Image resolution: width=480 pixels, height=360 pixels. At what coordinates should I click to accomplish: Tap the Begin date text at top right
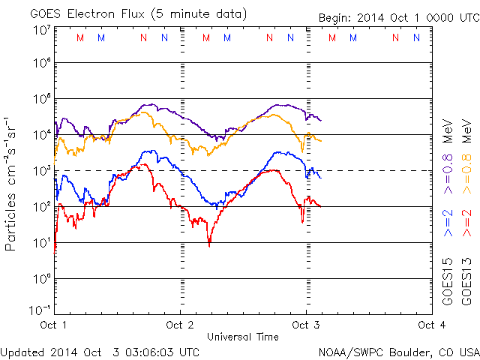click(388, 17)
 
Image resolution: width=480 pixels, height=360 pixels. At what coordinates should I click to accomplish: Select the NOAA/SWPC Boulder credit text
click(398, 351)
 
